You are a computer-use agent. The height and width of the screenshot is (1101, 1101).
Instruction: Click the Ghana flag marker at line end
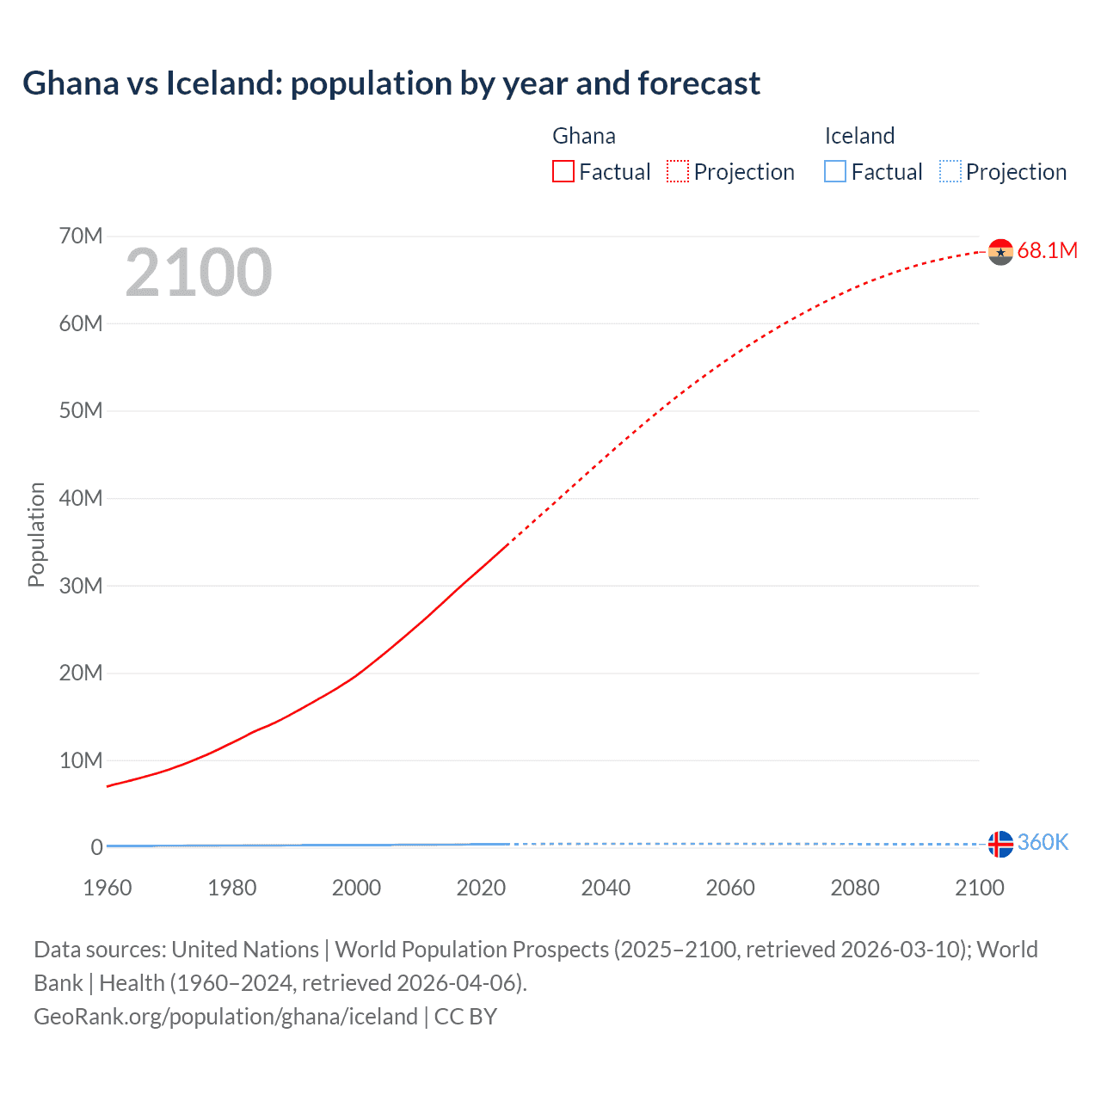[1000, 252]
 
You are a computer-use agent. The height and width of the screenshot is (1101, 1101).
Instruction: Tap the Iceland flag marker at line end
[1000, 844]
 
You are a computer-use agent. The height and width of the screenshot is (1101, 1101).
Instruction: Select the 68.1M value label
[1047, 250]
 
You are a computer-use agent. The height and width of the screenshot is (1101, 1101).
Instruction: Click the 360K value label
[1043, 842]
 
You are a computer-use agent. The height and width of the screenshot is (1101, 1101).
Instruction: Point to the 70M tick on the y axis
[81, 236]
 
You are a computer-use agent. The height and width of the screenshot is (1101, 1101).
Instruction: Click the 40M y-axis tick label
[81, 498]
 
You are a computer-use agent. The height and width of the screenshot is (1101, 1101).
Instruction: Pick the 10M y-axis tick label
[81, 760]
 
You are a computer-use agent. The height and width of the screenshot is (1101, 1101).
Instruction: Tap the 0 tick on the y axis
[97, 847]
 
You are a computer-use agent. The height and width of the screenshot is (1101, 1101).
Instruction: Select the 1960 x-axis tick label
[108, 888]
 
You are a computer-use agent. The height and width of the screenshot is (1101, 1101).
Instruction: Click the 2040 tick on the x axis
[606, 888]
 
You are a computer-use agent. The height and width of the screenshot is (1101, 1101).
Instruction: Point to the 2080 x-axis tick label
[854, 888]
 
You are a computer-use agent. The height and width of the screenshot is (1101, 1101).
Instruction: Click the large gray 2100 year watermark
[199, 273]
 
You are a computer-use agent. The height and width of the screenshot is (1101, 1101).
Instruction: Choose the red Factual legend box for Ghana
[563, 171]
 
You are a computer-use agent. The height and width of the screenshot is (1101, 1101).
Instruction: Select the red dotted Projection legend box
[678, 171]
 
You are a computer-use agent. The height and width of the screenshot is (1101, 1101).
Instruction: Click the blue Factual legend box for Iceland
[835, 171]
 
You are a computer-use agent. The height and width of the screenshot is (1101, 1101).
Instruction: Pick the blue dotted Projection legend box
[950, 171]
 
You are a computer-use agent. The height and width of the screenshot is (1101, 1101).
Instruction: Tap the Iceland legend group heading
[859, 136]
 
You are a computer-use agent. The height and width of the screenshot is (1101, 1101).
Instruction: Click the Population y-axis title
[36, 534]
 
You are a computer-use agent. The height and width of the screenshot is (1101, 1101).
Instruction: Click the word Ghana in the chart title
[71, 83]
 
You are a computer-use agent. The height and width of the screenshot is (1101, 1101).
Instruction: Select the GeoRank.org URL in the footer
[225, 1017]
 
